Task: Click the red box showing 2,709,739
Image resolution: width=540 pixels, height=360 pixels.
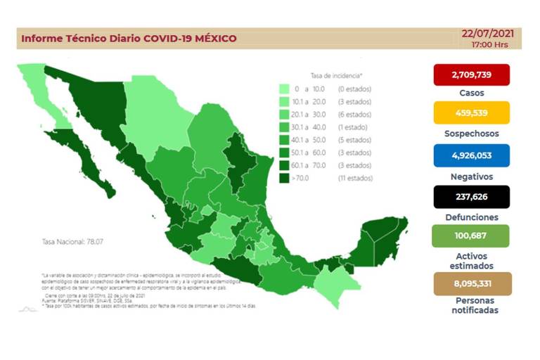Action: [472, 74]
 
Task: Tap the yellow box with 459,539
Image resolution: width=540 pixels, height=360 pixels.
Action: [472, 112]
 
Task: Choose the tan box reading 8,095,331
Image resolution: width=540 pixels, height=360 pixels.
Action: [472, 283]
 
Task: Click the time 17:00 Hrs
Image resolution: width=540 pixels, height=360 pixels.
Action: [490, 44]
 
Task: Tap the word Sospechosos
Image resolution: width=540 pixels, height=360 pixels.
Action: [472, 134]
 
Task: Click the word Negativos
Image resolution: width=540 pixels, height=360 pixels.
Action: [472, 176]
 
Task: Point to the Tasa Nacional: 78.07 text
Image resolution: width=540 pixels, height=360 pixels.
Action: [68, 242]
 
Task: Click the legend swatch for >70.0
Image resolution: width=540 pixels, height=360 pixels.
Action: [284, 179]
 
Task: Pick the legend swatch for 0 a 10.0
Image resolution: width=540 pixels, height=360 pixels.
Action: [284, 89]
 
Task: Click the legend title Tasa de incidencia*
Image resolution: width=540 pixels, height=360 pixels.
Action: [336, 75]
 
